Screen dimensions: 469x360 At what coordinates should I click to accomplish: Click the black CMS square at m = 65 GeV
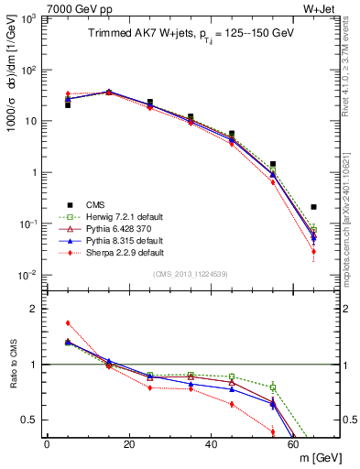314,207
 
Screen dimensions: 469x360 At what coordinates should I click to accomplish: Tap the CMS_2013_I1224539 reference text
190,274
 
